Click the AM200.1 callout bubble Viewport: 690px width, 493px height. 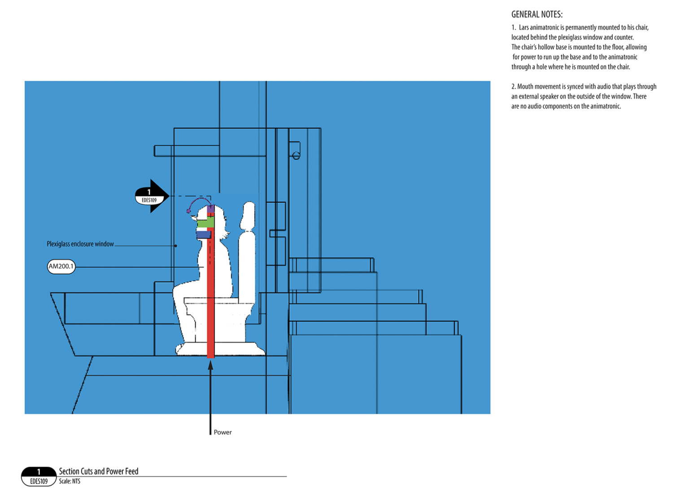tap(61, 266)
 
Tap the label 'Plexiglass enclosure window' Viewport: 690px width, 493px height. tap(80, 244)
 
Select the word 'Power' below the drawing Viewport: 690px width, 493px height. tap(223, 432)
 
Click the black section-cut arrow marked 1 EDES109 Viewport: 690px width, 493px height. tap(152, 196)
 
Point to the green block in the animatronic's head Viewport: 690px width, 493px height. tap(206, 223)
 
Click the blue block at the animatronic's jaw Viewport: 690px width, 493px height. tap(203, 234)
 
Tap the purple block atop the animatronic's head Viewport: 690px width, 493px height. tap(210, 209)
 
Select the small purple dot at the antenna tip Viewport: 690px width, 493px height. tap(188, 211)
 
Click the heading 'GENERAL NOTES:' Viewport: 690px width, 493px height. tap(537, 14)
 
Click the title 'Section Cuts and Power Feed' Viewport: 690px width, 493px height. tap(99, 471)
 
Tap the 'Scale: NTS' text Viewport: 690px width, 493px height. tap(70, 481)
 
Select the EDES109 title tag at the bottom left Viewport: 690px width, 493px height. tap(39, 477)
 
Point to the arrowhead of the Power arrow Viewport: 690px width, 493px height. tap(210, 365)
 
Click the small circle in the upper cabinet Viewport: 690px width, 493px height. tap(296, 156)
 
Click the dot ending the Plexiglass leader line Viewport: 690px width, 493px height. tap(176, 246)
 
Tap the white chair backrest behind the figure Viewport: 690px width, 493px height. tap(247, 251)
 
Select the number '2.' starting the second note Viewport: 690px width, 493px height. tap(514, 87)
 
